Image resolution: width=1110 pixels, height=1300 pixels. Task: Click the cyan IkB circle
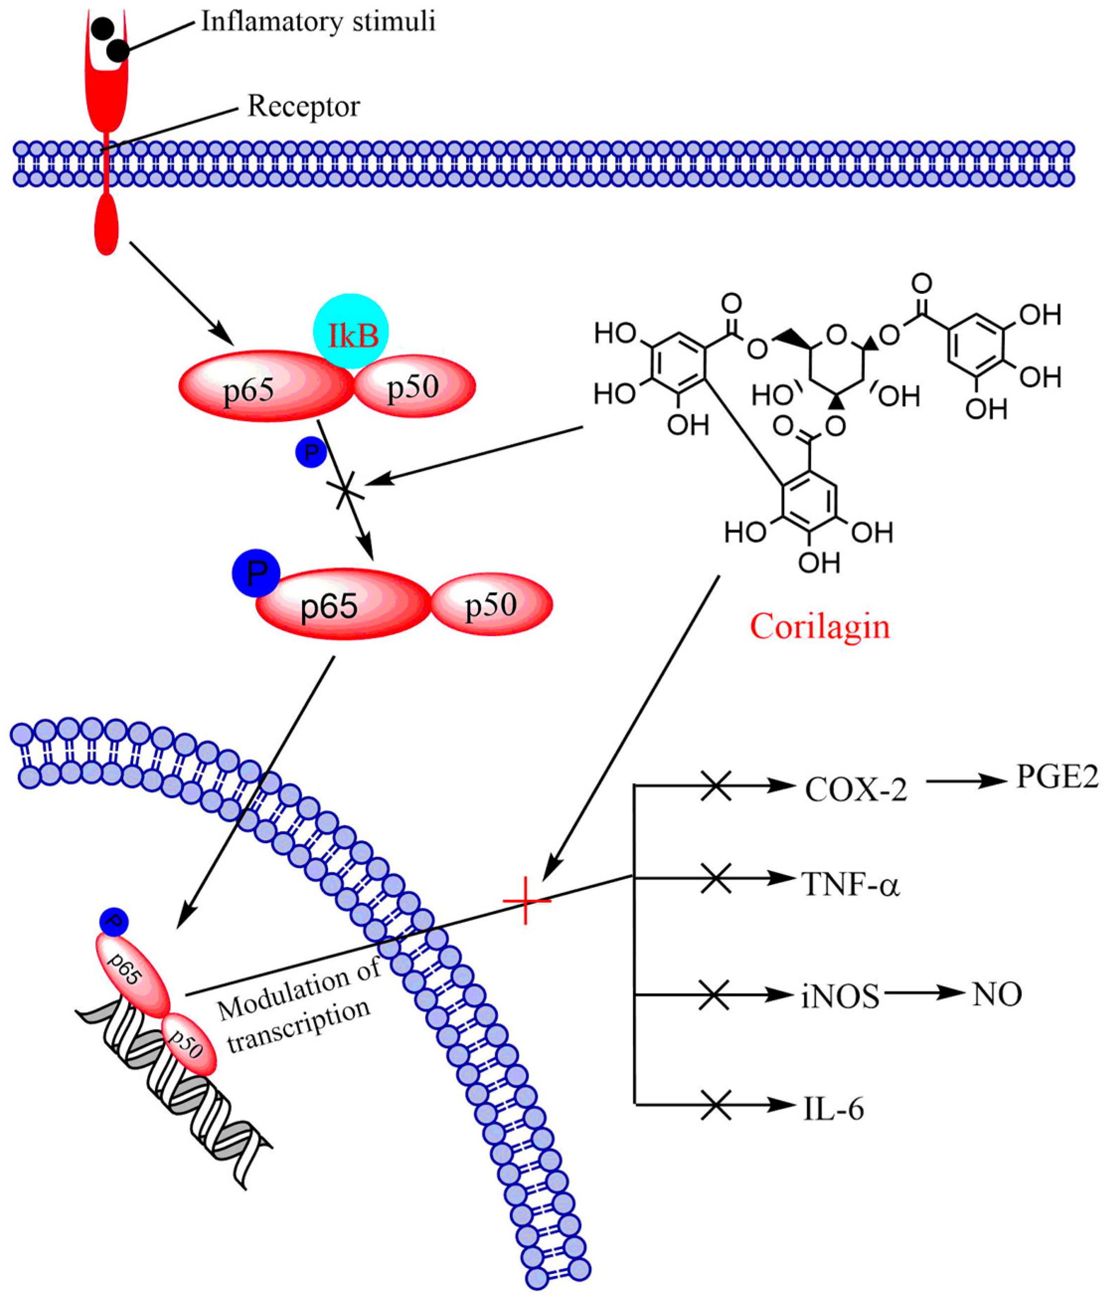[351, 331]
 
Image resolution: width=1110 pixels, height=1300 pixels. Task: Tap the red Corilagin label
[820, 627]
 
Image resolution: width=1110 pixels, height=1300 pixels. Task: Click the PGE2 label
[1057, 778]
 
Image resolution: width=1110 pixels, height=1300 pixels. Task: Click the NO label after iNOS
[997, 994]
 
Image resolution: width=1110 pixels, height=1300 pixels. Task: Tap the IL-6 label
[833, 1109]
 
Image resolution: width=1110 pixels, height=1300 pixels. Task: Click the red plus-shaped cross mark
[526, 901]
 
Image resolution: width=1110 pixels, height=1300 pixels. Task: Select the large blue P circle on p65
[256, 573]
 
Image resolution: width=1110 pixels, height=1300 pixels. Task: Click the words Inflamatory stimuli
[318, 22]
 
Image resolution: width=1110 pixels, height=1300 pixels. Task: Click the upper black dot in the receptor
[103, 28]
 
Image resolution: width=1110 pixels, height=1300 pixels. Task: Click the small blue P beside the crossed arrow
[311, 452]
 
